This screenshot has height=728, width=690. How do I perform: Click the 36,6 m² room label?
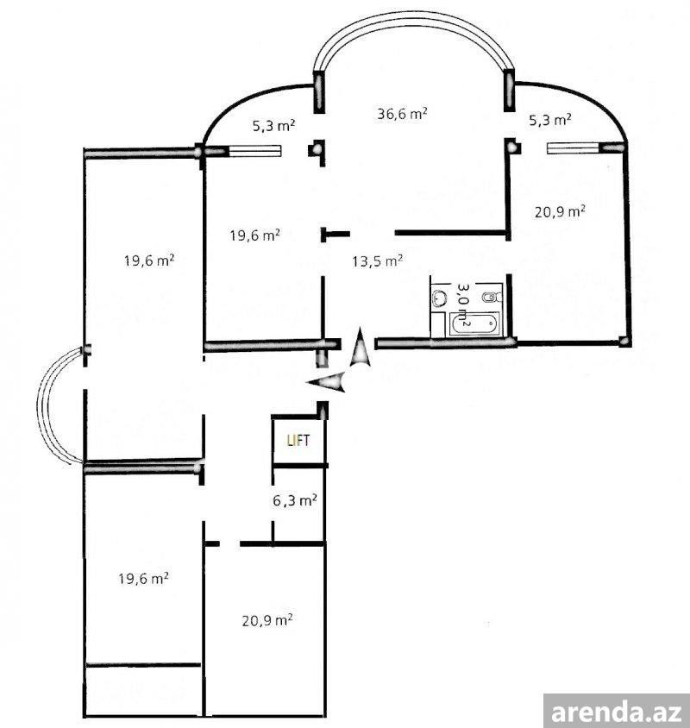402,113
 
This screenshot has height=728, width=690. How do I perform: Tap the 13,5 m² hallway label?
377,261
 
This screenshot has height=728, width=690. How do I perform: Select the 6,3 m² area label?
294,500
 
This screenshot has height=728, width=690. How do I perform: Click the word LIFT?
298,441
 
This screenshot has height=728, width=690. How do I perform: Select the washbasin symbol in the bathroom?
438,298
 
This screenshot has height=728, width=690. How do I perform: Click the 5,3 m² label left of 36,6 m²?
274,125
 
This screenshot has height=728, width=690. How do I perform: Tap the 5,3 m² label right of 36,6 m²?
550,120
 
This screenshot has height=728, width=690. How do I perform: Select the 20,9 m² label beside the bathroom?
560,211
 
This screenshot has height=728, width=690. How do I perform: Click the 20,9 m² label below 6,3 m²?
267,620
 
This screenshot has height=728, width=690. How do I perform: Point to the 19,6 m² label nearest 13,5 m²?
254,235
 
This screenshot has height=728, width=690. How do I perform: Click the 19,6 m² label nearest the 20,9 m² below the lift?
143,579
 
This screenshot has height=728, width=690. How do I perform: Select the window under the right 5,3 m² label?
574,148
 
